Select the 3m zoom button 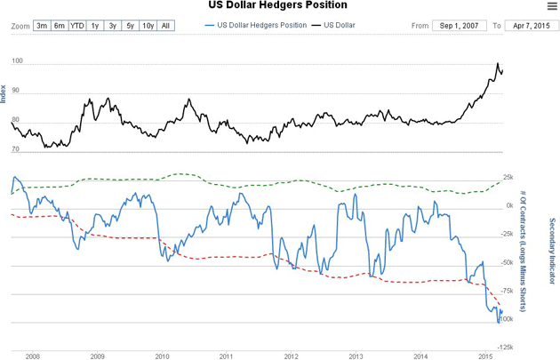pos(42,26)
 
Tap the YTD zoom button pos(77,26)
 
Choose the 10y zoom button pos(148,26)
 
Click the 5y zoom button pos(130,26)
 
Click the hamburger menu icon pos(550,6)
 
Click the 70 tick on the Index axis pos(15,150)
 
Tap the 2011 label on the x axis pos(227,356)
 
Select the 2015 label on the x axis pos(485,356)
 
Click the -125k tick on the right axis pos(507,347)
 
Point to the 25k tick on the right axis pos(508,178)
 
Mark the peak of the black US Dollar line pos(497,64)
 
